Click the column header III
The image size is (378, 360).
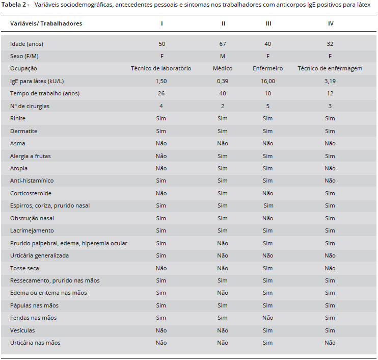[268, 23]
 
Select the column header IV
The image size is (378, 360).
[331, 23]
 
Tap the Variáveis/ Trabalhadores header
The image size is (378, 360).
[46, 23]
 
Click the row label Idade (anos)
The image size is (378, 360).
[27, 44]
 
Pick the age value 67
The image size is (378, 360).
[223, 44]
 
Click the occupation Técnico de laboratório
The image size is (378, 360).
[161, 68]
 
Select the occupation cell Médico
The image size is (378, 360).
[223, 68]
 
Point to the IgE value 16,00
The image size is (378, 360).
[267, 81]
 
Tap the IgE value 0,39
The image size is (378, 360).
[223, 81]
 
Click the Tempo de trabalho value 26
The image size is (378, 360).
[161, 93]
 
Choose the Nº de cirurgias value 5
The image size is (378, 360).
[267, 106]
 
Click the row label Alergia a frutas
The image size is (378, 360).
[31, 156]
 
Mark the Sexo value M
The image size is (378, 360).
[223, 56]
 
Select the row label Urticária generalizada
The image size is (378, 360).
[39, 256]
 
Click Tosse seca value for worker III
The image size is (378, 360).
[267, 268]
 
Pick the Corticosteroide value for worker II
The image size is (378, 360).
[223, 193]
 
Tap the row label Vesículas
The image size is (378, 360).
[22, 330]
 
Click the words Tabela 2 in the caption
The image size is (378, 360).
[14, 5]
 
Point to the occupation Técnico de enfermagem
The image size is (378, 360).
[330, 68]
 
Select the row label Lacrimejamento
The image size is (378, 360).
[32, 230]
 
